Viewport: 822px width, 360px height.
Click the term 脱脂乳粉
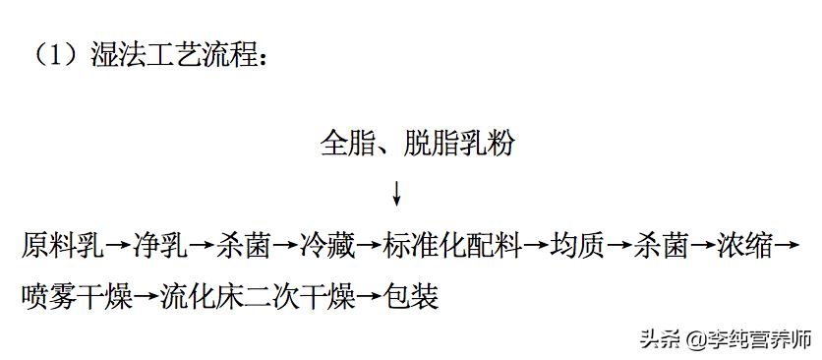click(458, 145)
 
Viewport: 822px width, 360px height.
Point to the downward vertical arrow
click(396, 193)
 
